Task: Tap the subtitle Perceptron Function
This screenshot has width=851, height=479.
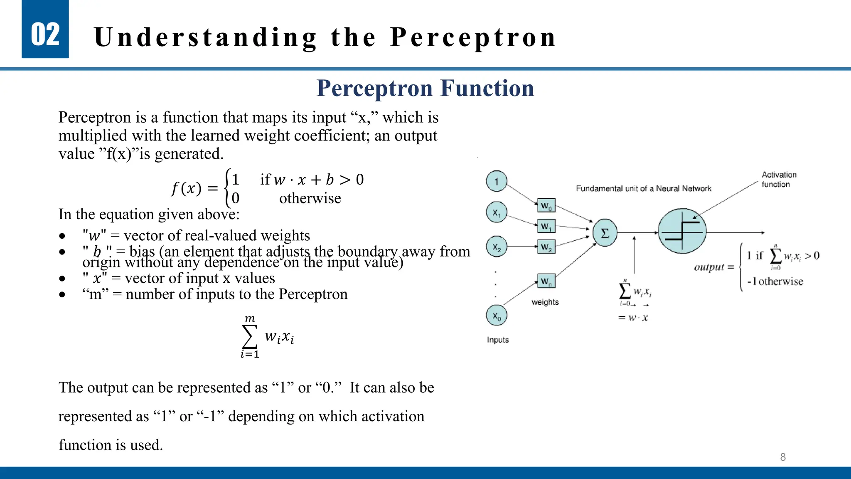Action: pos(425,88)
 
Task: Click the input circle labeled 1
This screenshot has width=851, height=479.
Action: pos(496,181)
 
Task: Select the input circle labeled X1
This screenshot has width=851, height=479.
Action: pos(496,212)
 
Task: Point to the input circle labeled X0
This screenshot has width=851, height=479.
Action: pos(496,316)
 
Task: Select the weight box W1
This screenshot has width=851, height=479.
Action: pos(546,227)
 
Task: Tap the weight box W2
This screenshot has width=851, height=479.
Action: pos(546,247)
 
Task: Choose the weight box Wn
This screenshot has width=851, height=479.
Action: pos(546,281)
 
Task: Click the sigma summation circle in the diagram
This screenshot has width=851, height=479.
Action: pos(605,233)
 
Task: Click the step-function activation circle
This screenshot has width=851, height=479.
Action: pos(682,231)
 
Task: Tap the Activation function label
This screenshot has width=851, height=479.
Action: pos(778,179)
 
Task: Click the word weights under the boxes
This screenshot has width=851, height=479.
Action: pos(545,302)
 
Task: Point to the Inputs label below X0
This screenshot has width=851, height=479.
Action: pos(497,340)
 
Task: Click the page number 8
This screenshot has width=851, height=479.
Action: pos(782,457)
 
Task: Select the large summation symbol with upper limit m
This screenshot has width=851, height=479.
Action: pos(249,337)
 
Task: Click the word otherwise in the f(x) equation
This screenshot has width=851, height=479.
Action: pos(310,198)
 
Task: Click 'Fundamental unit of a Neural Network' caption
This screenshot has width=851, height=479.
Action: pos(643,188)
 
